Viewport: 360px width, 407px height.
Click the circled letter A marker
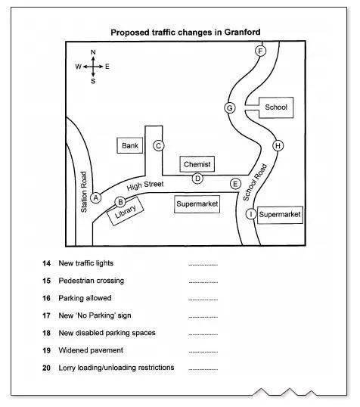(96, 198)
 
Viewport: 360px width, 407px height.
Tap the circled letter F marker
(260, 51)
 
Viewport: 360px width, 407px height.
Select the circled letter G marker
(230, 107)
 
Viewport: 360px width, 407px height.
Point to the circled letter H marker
(278, 145)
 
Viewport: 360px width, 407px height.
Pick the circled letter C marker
(159, 145)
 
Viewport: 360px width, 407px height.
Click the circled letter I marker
(251, 214)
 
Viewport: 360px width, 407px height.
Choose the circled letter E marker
(235, 184)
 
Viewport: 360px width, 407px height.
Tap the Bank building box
(130, 145)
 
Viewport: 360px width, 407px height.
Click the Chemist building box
(197, 164)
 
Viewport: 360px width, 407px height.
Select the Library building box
(126, 211)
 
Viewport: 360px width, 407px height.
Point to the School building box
(276, 107)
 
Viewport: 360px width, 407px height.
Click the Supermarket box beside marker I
(280, 214)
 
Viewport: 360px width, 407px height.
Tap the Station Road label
(84, 192)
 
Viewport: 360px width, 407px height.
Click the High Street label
(145, 185)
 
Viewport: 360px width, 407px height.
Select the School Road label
(255, 182)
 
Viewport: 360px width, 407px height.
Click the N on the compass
(93, 52)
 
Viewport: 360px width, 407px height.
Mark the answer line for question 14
(203, 265)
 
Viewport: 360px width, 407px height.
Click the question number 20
(46, 368)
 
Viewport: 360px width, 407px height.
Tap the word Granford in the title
(242, 33)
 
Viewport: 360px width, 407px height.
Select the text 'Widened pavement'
(91, 350)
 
